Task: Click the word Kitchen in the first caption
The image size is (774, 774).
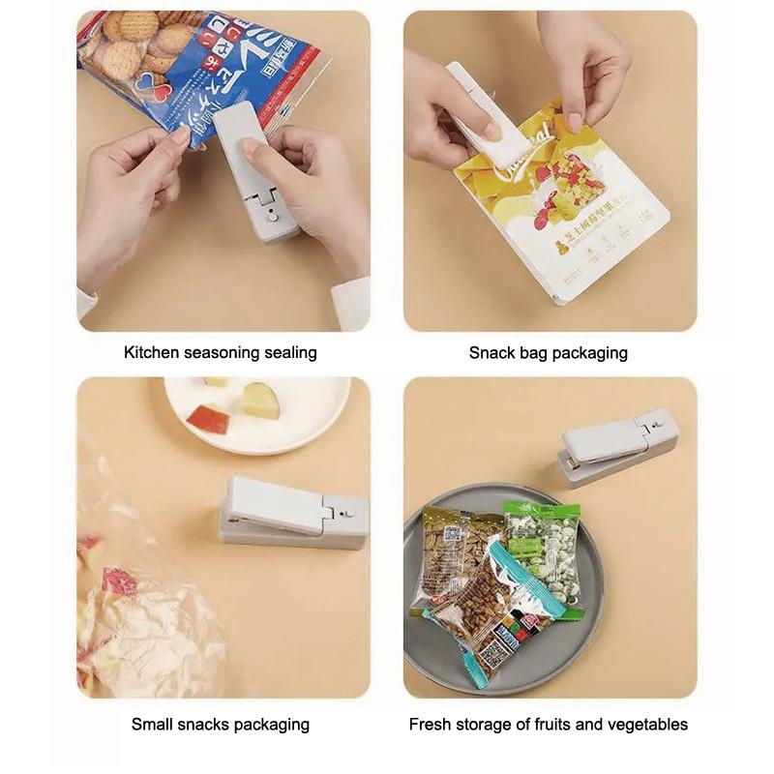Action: (151, 353)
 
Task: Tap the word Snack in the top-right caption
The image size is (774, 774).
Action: (491, 353)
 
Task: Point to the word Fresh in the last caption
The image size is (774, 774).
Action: (431, 724)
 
